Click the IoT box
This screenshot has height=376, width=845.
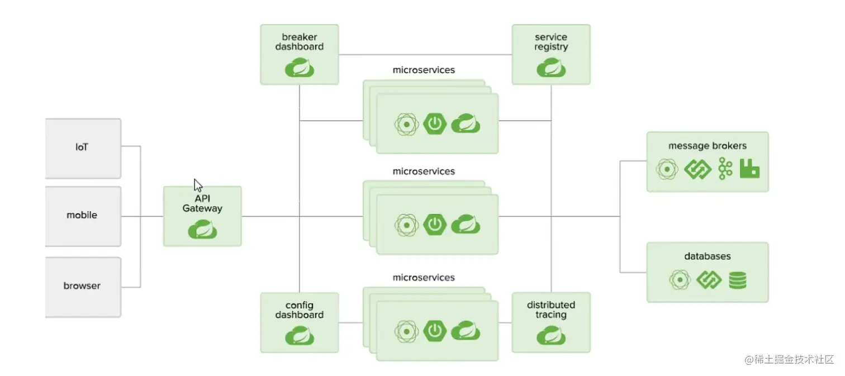(x=83, y=148)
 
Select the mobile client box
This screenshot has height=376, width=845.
(x=83, y=216)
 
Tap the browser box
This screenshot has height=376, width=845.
(x=83, y=287)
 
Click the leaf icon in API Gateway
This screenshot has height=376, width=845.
(x=202, y=229)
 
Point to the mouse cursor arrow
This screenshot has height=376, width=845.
(x=198, y=185)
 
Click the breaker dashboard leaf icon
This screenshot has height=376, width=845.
(x=300, y=68)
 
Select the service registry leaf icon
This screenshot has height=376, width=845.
(x=551, y=68)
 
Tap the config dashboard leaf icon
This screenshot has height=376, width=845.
(x=300, y=336)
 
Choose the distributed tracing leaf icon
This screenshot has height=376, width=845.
(x=551, y=336)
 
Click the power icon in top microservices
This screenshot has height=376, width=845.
(x=435, y=123)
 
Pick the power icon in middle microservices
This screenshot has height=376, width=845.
(x=435, y=225)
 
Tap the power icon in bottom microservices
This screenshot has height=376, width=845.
(x=435, y=331)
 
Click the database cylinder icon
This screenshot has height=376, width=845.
(x=738, y=280)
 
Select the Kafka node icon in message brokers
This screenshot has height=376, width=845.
(x=725, y=169)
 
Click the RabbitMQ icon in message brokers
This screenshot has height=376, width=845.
(x=749, y=168)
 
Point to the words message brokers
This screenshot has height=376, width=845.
(x=708, y=146)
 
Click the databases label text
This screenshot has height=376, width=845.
(x=708, y=256)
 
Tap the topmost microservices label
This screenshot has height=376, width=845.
(x=424, y=70)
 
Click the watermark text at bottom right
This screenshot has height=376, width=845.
(x=789, y=359)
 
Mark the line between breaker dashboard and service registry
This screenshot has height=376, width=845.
(x=425, y=55)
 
